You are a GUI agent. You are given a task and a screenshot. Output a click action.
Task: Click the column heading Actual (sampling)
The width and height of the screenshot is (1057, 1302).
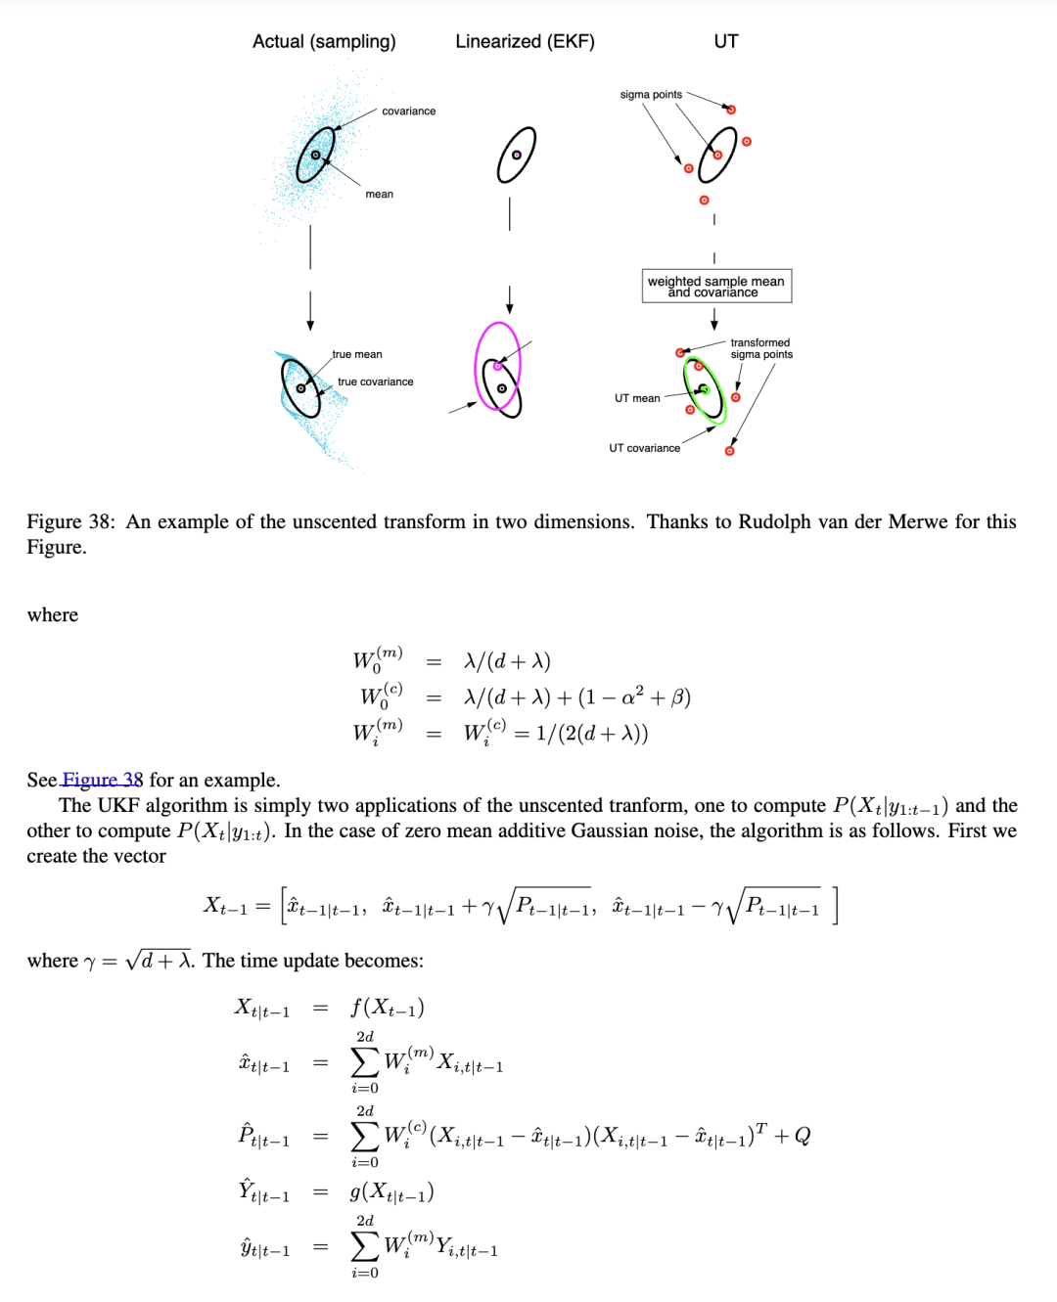click(324, 41)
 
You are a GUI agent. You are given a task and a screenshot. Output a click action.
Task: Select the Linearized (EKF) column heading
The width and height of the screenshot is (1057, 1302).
click(525, 41)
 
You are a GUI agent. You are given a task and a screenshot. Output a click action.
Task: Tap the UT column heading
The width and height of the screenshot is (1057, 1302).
click(725, 41)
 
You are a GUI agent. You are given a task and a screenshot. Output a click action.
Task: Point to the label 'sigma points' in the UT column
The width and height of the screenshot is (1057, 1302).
click(651, 95)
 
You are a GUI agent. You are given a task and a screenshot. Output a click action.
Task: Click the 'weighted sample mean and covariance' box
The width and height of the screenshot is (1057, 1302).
click(716, 286)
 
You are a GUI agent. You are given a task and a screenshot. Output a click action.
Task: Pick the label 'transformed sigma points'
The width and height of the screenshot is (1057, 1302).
click(760, 348)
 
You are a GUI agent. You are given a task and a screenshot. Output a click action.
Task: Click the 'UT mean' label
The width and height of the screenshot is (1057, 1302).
click(637, 398)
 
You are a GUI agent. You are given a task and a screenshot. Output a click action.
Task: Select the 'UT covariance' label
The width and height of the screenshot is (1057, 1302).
click(644, 448)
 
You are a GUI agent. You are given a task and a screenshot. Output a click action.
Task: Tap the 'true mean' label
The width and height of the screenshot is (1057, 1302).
click(357, 354)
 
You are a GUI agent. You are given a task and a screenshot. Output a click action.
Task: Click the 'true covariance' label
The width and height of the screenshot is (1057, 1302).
click(375, 382)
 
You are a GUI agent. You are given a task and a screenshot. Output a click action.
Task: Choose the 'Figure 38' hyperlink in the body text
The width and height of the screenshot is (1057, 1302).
click(102, 780)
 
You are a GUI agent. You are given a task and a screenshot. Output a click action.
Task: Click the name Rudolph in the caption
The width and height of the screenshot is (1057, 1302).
click(774, 521)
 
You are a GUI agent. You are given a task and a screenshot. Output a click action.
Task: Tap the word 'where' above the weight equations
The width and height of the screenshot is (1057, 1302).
click(53, 614)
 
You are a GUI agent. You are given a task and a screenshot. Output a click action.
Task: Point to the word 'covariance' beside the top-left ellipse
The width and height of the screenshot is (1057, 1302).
click(408, 112)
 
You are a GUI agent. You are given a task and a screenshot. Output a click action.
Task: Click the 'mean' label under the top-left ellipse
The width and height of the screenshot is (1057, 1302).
click(379, 194)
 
